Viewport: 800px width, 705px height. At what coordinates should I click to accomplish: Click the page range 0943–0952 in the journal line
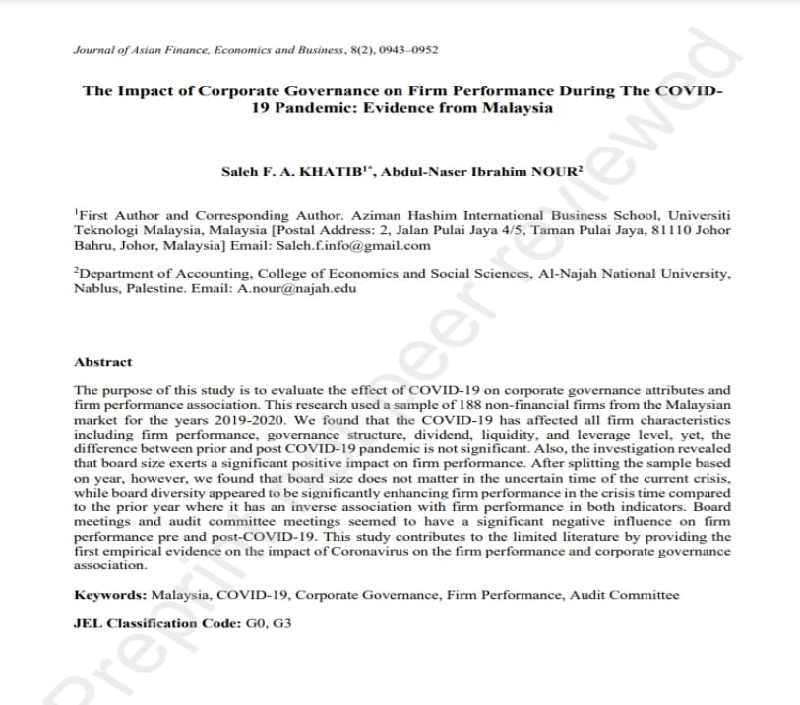(412, 49)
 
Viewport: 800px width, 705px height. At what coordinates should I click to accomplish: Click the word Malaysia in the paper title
(517, 108)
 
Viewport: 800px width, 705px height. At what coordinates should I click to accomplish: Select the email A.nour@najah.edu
(297, 288)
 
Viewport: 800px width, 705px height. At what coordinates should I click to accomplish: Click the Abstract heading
(103, 362)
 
